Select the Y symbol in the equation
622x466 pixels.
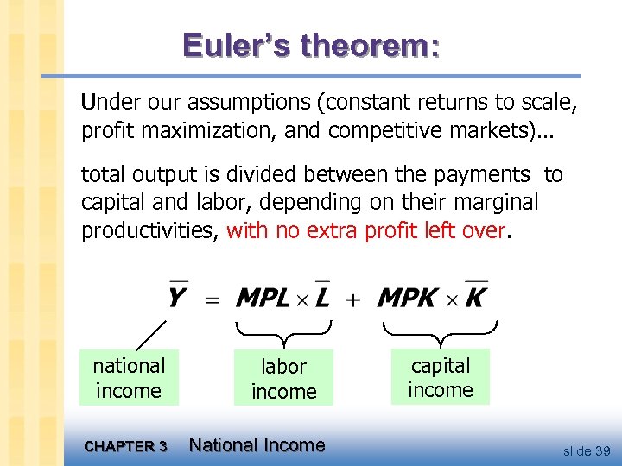[178, 298]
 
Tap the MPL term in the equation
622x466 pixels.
[263, 299]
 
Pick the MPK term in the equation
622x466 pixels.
[407, 299]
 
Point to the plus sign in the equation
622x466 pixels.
[352, 299]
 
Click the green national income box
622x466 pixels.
[129, 378]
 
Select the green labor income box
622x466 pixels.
[283, 378]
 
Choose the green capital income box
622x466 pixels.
[440, 377]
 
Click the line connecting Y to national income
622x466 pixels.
[152, 334]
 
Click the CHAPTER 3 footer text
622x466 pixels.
[125, 446]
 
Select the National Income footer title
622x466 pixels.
[257, 445]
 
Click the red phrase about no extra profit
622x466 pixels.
[365, 230]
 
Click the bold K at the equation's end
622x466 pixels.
[476, 299]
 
